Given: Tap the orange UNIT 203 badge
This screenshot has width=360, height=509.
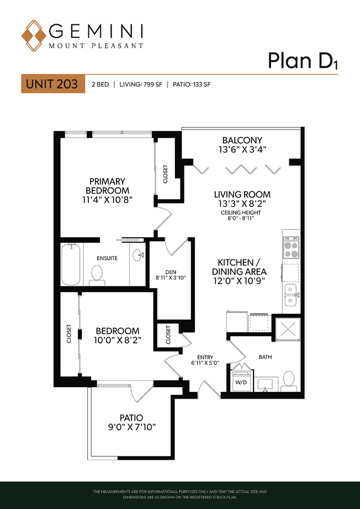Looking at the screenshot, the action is (x=53, y=84).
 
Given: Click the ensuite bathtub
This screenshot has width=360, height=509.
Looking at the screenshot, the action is (x=71, y=263).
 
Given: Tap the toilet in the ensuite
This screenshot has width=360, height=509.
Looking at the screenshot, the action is (x=96, y=275).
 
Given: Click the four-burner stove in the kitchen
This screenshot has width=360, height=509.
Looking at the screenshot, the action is (x=291, y=247).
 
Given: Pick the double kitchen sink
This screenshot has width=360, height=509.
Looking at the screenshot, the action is (x=292, y=295).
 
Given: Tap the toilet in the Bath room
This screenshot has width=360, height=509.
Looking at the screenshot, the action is (x=289, y=381).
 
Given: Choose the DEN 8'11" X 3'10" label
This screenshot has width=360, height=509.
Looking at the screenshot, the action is (x=170, y=275).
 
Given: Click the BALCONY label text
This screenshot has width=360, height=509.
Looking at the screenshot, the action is (x=242, y=144).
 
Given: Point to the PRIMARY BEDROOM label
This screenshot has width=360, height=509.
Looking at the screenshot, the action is (x=107, y=190).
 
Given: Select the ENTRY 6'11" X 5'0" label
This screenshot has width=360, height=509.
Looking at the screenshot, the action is (x=206, y=360).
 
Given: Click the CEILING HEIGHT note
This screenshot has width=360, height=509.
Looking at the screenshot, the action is (x=241, y=216).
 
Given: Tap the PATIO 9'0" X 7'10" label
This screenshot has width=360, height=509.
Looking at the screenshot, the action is (x=132, y=422).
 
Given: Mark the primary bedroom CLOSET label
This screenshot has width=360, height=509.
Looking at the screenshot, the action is (x=165, y=174).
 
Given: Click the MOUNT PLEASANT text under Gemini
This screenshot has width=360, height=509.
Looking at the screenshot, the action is (x=96, y=46).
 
